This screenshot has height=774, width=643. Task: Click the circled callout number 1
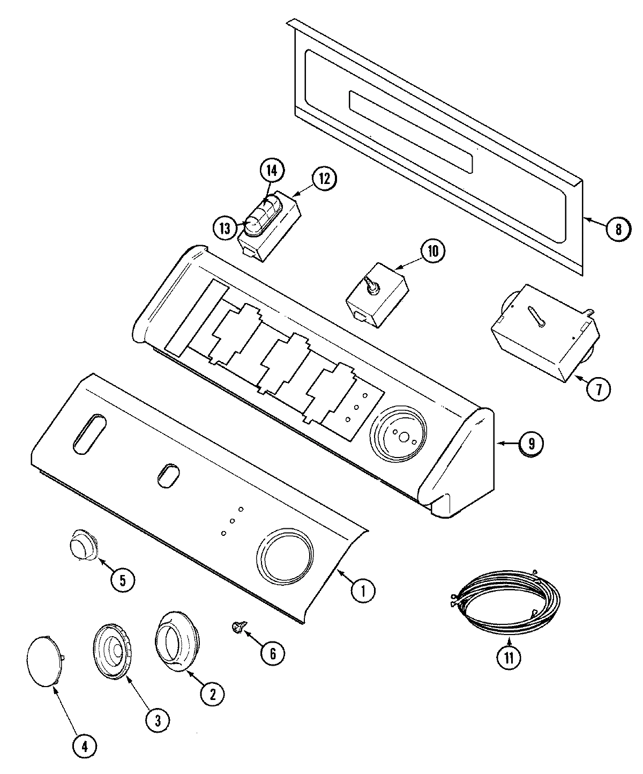(363, 591)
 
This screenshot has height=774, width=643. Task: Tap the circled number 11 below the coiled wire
(509, 658)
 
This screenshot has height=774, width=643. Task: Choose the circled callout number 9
(530, 443)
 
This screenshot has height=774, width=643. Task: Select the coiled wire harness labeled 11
(504, 600)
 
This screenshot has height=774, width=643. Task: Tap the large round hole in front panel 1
(284, 556)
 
